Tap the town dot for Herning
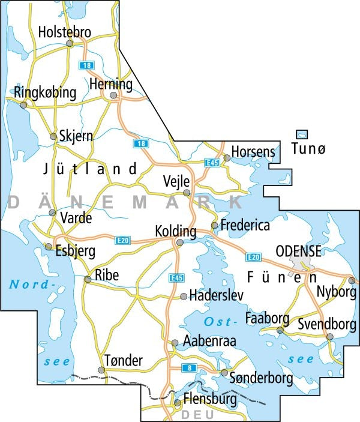coord(113,95)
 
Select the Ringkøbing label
coord(45,92)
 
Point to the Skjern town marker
coord(53,137)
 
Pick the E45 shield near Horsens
coord(211,163)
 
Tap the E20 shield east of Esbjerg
coord(122,241)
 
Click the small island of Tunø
coord(303,135)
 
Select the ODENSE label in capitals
coord(298,252)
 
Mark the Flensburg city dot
coord(177,403)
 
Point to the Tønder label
coord(124,360)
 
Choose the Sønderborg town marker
coord(224,373)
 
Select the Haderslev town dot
coord(184,296)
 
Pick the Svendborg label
coord(326,325)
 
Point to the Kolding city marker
coord(179,243)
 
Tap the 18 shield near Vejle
coord(140,143)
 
